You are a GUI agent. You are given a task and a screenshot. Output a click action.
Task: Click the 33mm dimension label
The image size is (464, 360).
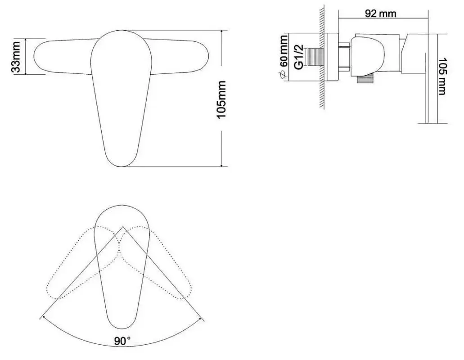pyautogui.click(x=16, y=56)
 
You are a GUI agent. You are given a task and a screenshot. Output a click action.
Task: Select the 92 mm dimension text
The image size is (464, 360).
pyautogui.click(x=380, y=13)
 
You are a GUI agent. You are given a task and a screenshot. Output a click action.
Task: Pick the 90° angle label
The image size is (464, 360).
pyautogui.click(x=122, y=342)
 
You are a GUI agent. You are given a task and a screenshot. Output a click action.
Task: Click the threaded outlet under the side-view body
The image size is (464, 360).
pyautogui.click(x=365, y=80)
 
